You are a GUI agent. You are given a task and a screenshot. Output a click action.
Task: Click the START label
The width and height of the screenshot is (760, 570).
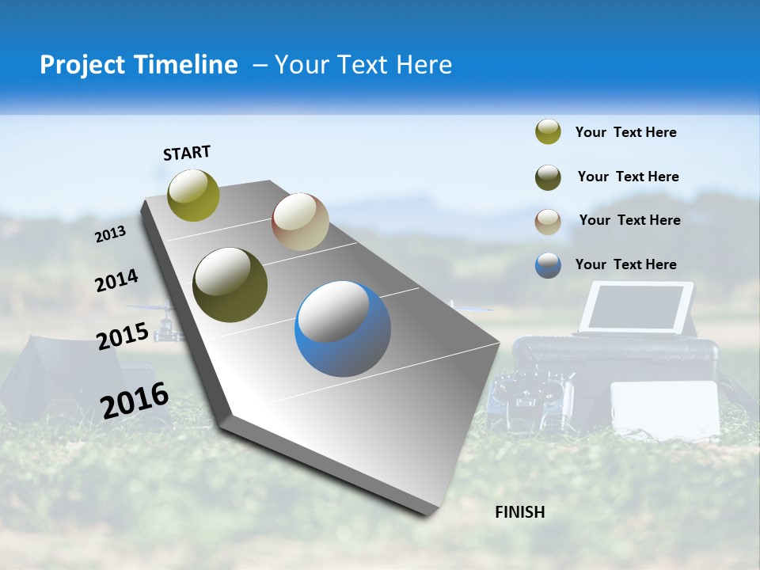pos(187,153)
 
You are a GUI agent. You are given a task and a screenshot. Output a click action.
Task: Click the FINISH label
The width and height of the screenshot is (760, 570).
pos(519,512)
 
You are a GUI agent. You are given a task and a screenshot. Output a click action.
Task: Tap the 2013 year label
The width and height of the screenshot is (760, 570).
pos(110,234)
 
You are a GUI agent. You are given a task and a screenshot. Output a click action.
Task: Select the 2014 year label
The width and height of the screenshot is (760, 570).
pos(116,281)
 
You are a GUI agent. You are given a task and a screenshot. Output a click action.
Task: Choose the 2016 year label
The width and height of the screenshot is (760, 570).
pos(135,401)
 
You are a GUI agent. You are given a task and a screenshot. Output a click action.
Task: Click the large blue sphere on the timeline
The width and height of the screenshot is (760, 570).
pos(343,329)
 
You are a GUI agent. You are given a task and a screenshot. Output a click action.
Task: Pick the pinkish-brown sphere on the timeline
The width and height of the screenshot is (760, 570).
pos(300,222)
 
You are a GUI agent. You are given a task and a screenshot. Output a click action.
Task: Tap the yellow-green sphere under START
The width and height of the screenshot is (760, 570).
pos(193,195)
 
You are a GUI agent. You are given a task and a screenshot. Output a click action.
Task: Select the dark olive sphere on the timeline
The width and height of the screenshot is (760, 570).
pos(230,285)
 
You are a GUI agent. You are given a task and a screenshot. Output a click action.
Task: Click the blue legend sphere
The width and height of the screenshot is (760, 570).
pos(548,265)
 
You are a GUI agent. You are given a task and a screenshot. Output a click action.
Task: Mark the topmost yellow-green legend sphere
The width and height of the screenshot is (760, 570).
pos(548,132)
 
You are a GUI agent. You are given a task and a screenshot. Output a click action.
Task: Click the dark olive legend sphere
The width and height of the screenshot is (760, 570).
pos(548,177)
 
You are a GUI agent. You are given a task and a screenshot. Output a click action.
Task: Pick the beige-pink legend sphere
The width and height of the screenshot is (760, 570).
pos(548,222)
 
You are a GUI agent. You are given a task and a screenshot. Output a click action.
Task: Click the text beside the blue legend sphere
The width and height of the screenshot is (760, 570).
pos(625,264)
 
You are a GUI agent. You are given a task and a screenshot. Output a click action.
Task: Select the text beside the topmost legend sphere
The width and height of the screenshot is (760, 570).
pos(625,132)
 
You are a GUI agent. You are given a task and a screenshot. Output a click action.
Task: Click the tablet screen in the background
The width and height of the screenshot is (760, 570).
pos(636,307)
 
